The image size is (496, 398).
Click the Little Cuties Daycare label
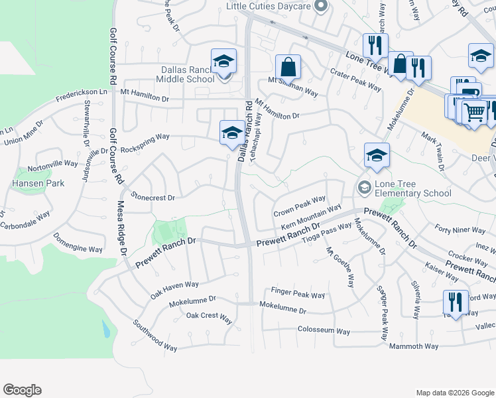tap(268, 6)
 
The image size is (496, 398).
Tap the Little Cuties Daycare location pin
tap(321, 7)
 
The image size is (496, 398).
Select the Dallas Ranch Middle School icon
tap(224, 62)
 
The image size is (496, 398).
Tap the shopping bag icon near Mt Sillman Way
tap(288, 67)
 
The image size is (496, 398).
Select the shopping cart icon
tap(474, 112)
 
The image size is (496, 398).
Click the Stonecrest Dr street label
tap(153, 197)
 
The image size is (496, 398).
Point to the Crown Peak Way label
tap(300, 206)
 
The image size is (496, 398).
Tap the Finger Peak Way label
tap(298, 294)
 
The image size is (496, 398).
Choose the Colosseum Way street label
tap(324, 330)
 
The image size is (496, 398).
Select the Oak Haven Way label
tap(174, 289)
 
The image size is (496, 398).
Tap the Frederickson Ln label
tap(81, 96)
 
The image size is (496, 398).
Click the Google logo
tap(22, 390)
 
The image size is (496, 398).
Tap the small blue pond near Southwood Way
tap(106, 328)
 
